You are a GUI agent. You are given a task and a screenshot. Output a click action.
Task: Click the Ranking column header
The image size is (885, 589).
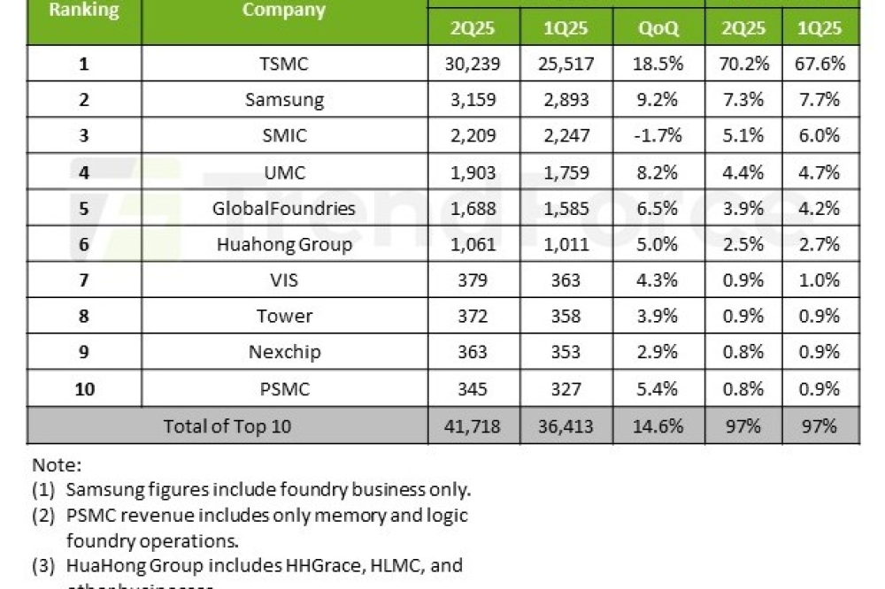coord(84,11)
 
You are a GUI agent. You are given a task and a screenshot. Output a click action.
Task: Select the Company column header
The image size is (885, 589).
coord(283,11)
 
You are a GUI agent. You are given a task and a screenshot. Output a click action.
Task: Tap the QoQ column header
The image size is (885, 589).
coord(658,28)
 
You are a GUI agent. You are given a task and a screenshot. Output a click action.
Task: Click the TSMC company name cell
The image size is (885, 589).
coord(283,64)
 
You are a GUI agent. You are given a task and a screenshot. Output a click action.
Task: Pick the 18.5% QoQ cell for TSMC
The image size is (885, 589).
coord(658,64)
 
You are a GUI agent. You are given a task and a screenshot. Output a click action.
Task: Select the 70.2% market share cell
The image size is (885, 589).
coord(743,64)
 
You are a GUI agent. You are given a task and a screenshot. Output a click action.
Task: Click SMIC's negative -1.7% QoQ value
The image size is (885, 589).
coord(658,135)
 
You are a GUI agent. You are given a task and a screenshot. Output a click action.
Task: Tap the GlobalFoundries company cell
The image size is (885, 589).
coord(283,208)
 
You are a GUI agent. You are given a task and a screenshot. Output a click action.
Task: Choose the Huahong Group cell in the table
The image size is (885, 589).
coord(283,244)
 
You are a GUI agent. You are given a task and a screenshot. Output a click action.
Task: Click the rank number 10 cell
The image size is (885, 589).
coord(84,388)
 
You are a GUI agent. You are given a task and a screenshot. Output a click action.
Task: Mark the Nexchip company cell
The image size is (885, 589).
coord(283,352)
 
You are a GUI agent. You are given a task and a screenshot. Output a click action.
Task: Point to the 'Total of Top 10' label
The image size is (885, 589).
coord(227,425)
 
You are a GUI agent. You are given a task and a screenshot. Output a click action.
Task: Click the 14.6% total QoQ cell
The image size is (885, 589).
coord(658,425)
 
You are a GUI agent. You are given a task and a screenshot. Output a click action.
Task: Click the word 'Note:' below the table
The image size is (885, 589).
coord(56,464)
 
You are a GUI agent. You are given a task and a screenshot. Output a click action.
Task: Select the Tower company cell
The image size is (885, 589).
coord(283,316)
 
